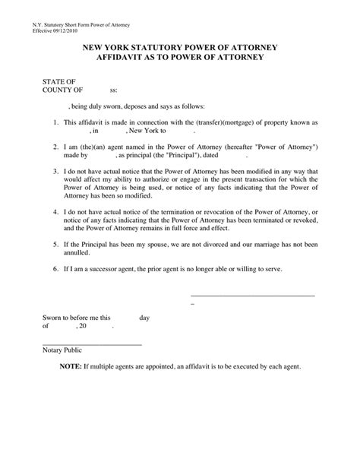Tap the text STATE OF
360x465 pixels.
[58, 81]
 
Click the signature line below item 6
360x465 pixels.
[251, 295]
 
